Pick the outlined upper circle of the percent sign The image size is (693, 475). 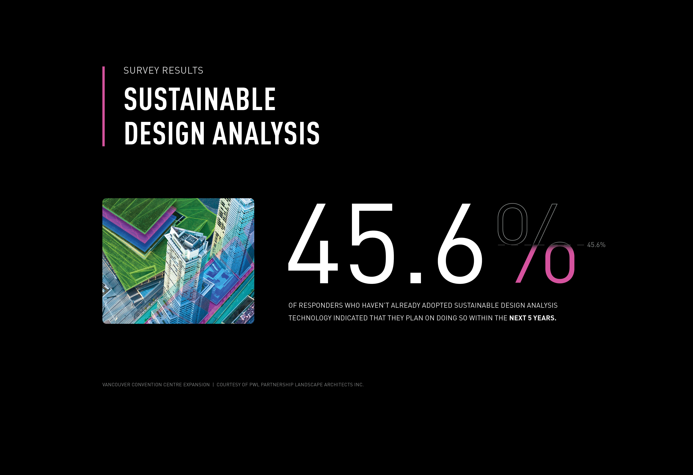512,222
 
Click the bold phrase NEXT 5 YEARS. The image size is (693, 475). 533,318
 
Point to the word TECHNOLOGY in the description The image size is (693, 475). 310,318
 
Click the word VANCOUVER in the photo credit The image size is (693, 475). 116,385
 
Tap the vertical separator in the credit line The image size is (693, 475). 213,385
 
